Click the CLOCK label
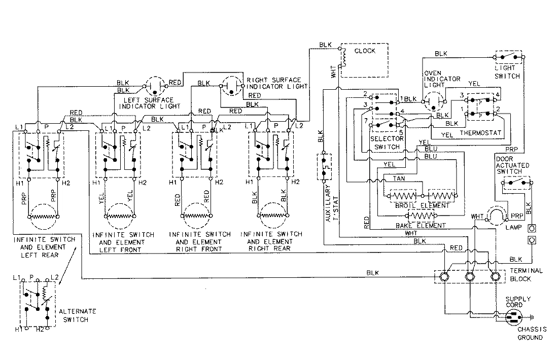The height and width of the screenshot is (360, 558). coord(365,51)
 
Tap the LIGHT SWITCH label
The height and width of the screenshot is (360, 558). coord(507,71)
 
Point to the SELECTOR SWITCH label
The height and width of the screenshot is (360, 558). coord(388,142)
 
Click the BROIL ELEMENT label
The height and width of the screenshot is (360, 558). coord(422,206)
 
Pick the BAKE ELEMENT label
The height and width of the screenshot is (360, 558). coord(422,225)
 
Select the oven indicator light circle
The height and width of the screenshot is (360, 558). coord(433,102)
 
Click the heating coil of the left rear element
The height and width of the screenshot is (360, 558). coord(43,216)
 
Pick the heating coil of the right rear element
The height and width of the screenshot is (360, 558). coord(271,215)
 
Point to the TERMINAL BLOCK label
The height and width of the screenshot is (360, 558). coord(528,274)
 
